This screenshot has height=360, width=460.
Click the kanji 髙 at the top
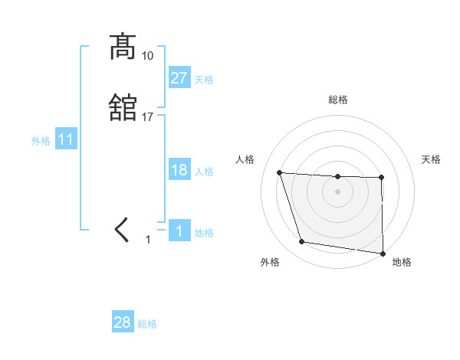point(123,47)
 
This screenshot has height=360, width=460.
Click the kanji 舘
point(123,107)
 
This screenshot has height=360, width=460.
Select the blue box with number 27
point(179,77)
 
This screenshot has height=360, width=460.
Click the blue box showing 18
point(179,169)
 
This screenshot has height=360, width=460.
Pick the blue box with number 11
point(66,140)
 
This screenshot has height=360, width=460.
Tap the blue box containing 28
point(123,322)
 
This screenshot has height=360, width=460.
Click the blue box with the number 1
point(179,231)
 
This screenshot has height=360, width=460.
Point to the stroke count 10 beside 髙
point(148,56)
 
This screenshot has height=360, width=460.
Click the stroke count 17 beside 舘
point(148,116)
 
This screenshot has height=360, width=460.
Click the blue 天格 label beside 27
point(204,80)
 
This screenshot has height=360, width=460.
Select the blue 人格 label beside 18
point(204,172)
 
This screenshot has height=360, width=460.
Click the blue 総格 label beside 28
point(148,325)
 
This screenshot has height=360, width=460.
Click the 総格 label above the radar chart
point(338,100)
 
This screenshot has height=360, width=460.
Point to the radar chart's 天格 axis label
point(432,159)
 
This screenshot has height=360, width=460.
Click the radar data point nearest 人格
point(280,173)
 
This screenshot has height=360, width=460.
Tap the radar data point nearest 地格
point(383,253)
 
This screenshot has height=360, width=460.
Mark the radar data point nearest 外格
point(302,242)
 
